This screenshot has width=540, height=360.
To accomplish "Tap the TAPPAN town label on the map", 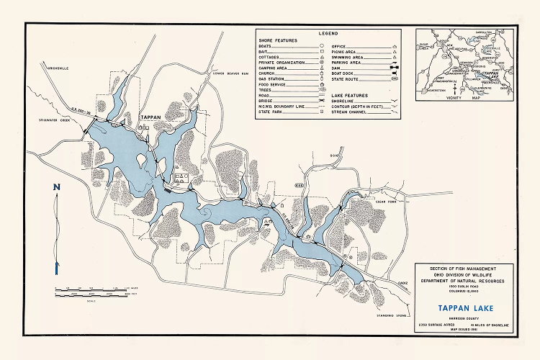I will (150, 117).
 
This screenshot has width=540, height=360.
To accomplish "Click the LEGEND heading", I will (328, 33).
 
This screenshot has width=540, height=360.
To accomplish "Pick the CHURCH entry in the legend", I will (267, 72).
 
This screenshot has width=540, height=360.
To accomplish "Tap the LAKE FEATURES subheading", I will (349, 95).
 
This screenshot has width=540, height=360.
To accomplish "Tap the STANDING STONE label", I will (391, 315).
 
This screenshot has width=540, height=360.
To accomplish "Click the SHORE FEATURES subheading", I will (276, 40).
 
